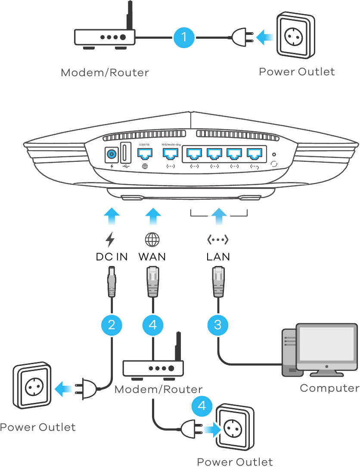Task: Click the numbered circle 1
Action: [x=185, y=37]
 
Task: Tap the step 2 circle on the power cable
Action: [x=112, y=325]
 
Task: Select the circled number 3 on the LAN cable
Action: [x=217, y=325]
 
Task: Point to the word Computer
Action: [x=329, y=388]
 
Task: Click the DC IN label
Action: [x=112, y=257]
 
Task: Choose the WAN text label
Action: [x=152, y=257]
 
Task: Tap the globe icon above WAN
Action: [x=152, y=239]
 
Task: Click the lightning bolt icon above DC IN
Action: [x=111, y=239]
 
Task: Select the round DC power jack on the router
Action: [x=112, y=153]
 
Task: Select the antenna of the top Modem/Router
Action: [x=128, y=16]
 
